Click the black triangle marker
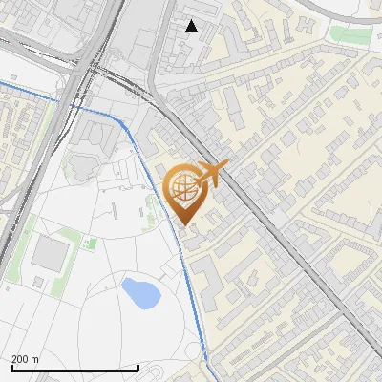192,26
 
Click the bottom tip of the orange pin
185,224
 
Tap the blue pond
140,293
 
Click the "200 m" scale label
25,359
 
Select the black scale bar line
74,368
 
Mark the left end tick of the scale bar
11,367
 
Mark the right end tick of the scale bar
138,367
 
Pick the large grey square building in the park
51,253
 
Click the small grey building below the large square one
37,282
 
